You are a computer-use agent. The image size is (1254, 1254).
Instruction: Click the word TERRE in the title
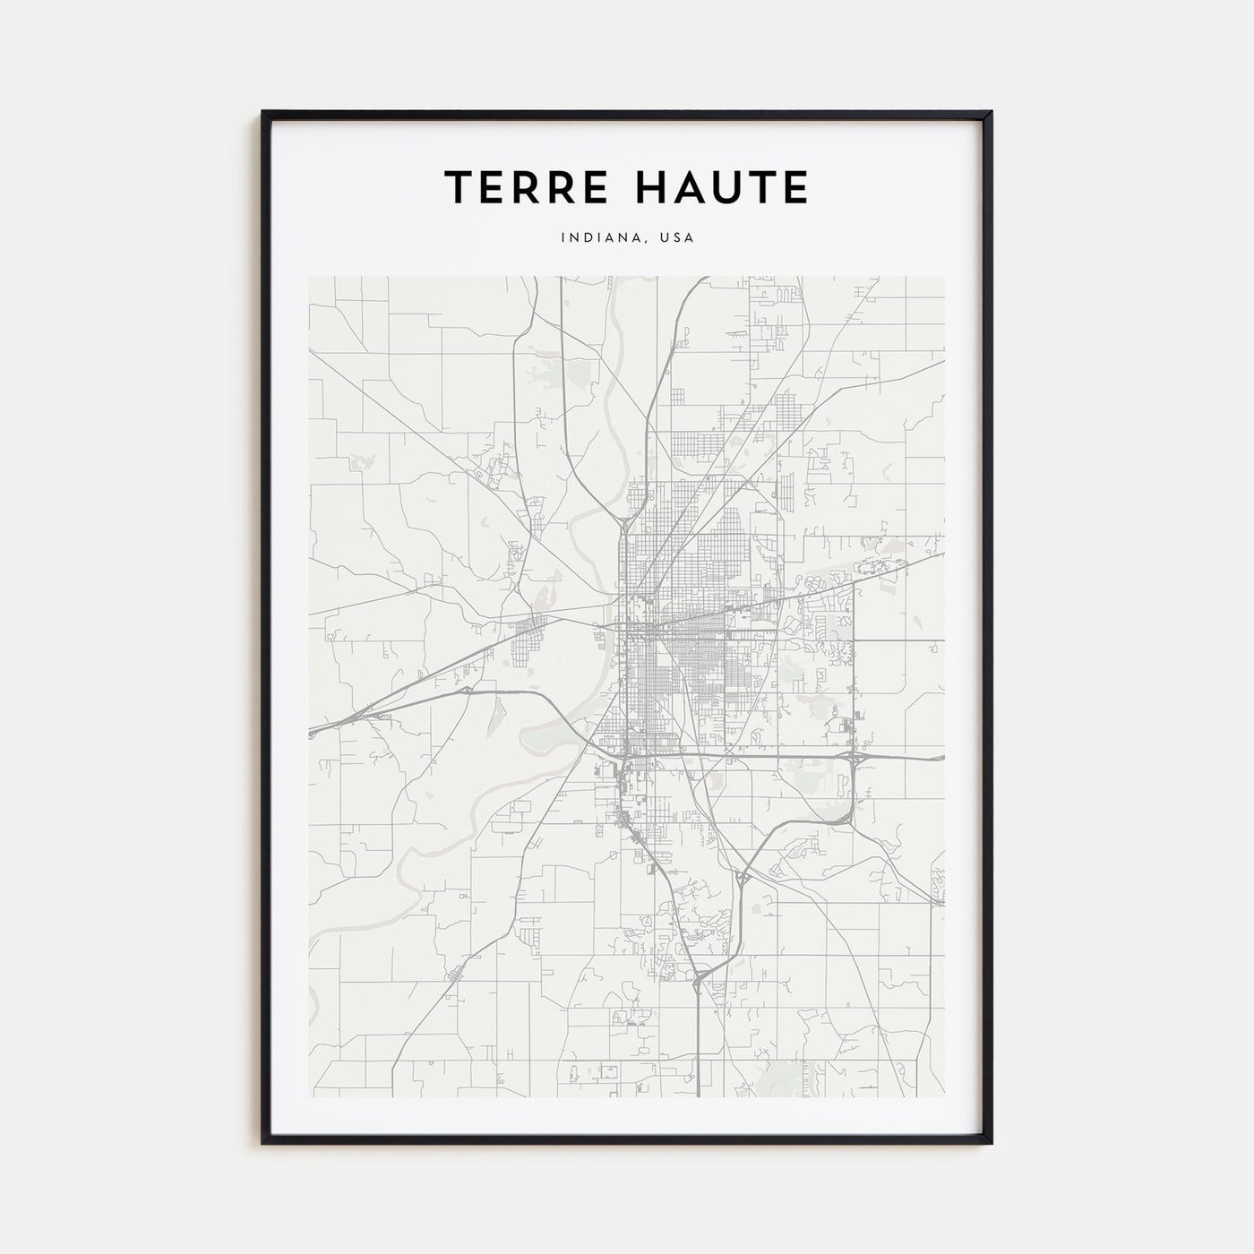tap(520, 187)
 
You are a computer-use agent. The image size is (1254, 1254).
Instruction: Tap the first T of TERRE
tap(460, 187)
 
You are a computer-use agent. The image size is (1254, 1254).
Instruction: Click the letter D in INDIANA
tap(593, 238)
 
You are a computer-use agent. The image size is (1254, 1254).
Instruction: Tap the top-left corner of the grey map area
tap(309, 277)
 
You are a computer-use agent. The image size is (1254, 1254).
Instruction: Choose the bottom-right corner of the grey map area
tap(944, 1097)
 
